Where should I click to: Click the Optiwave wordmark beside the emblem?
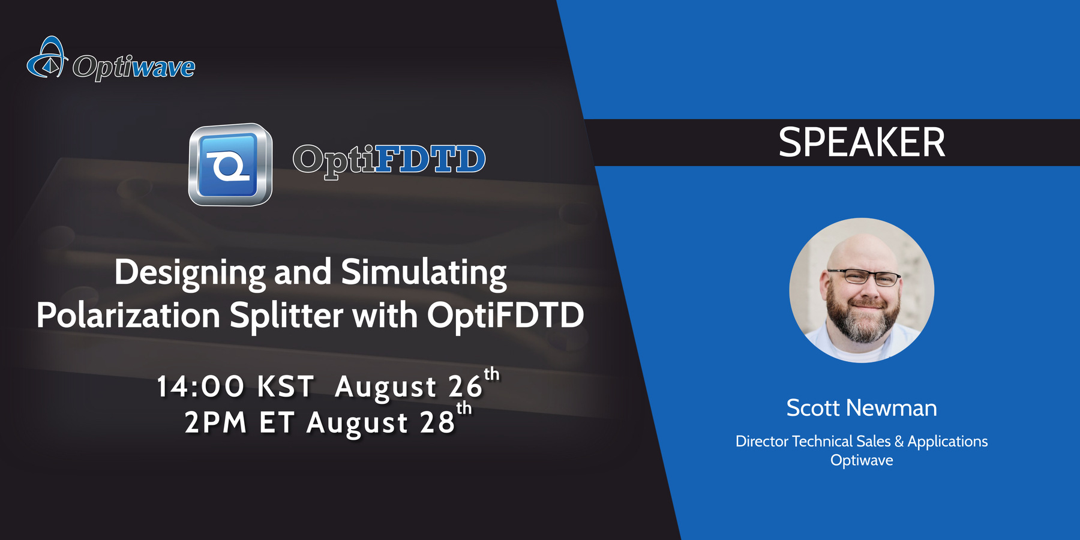click(134, 66)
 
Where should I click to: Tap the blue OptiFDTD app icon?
click(230, 164)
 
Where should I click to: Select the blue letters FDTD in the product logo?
click(430, 159)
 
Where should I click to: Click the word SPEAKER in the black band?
click(861, 143)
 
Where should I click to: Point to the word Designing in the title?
click(190, 273)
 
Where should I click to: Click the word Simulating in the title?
click(424, 273)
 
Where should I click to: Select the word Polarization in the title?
click(128, 316)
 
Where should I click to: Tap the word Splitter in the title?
click(286, 316)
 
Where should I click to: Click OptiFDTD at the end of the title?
click(505, 316)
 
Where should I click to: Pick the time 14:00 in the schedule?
click(200, 387)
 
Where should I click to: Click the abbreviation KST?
click(286, 387)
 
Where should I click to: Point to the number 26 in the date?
click(466, 387)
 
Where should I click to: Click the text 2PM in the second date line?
click(215, 423)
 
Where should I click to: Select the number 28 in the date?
click(437, 423)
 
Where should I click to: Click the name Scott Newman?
click(861, 408)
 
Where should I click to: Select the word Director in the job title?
click(761, 442)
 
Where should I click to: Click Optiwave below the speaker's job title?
click(862, 460)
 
